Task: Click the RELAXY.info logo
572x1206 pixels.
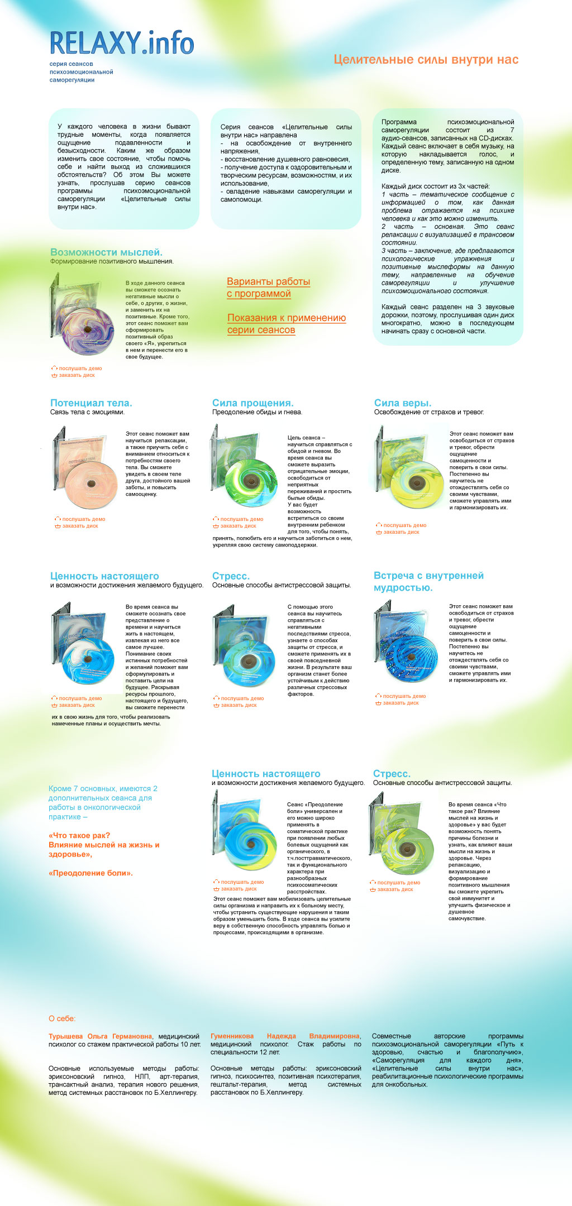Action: tap(122, 44)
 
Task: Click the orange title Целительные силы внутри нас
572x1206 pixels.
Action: tap(426, 60)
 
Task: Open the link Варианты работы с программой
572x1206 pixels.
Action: tap(268, 288)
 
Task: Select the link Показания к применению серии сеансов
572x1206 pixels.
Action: tap(286, 324)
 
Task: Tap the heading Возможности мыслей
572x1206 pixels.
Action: tap(106, 252)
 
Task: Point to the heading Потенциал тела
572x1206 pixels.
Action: tap(91, 403)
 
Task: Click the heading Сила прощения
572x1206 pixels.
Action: tap(252, 403)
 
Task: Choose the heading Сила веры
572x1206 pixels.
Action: tap(402, 403)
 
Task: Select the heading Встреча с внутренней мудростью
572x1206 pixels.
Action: tap(428, 582)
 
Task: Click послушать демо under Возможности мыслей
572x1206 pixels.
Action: tap(80, 368)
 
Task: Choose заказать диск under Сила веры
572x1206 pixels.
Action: tap(401, 532)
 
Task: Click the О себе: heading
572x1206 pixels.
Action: tap(62, 1018)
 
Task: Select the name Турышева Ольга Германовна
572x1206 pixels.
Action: tap(100, 1036)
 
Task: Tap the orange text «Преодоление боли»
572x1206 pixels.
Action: tap(90, 873)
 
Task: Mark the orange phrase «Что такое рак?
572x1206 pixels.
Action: tap(79, 835)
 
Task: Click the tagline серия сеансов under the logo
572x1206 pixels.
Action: tap(71, 64)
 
